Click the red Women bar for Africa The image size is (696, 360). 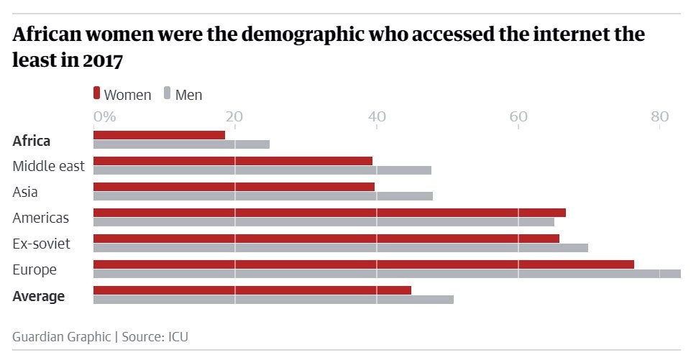159,135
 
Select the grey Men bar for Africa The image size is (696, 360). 181,144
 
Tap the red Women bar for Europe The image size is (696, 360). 363,264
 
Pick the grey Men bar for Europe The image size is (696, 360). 387,274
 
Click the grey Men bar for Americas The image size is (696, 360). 324,222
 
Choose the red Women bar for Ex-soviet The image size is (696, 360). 326,239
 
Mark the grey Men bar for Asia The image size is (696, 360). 262,196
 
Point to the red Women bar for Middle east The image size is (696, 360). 232,161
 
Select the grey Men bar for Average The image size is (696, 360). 273,300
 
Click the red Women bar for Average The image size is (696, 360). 252,290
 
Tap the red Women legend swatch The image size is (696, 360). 96,93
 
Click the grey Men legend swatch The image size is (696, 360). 168,93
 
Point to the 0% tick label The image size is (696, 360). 104,116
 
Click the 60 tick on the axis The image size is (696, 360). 518,116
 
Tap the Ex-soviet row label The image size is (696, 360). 41,244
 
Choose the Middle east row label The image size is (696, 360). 48,166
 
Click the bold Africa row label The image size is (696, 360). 32,141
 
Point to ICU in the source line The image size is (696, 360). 178,336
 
